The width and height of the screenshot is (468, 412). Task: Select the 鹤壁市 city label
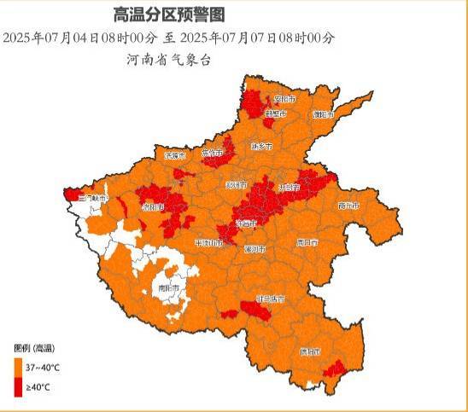point(275,113)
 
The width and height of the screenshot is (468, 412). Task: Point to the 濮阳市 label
point(324,113)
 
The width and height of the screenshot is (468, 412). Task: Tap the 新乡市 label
point(260,146)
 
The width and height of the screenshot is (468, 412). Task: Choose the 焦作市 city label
point(212,154)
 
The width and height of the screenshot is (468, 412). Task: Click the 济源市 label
point(174,155)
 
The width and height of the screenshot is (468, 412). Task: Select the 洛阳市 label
point(152,206)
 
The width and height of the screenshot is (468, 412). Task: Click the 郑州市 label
point(237,185)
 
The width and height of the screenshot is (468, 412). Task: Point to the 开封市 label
point(290,186)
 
